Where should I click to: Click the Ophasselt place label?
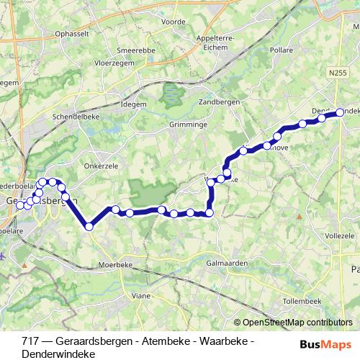click(x=80, y=34)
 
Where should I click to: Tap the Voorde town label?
click(x=173, y=22)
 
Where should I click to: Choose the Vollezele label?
click(x=341, y=235)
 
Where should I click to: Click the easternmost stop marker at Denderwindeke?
click(x=340, y=112)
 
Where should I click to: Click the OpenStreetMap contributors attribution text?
click(x=298, y=323)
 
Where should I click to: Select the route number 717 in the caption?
click(x=31, y=340)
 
